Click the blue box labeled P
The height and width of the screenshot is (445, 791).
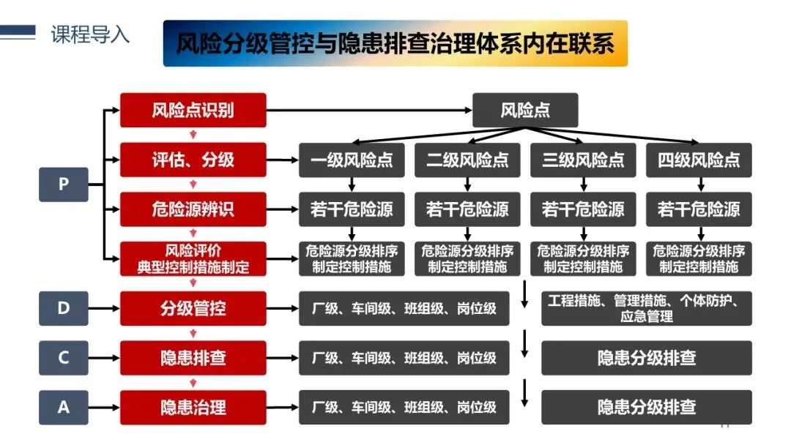(x=63, y=184)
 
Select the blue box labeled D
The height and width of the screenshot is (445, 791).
(x=63, y=308)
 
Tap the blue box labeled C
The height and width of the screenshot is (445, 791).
(x=63, y=357)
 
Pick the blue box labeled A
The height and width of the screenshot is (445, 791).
(x=63, y=406)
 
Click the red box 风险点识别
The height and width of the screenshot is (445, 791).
(x=193, y=111)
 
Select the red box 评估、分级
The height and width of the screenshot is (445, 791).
(x=193, y=160)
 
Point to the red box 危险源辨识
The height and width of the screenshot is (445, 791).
(x=193, y=209)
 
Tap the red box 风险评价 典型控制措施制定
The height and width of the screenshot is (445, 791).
(x=193, y=258)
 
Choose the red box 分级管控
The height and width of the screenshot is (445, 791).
(x=193, y=308)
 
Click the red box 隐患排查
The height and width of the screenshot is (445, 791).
(x=193, y=357)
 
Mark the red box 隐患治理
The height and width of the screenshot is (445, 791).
(x=193, y=406)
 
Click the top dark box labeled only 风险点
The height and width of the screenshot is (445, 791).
(x=525, y=111)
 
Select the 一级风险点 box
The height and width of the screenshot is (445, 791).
(x=352, y=160)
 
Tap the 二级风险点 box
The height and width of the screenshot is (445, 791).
(x=467, y=160)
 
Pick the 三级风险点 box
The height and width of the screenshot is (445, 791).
(x=583, y=160)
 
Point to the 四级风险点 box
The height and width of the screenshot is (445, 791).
(x=699, y=160)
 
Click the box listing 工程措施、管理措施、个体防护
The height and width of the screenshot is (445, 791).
(x=646, y=308)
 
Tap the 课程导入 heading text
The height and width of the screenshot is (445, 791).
(x=90, y=34)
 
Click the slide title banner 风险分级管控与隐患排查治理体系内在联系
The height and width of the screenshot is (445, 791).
(x=395, y=44)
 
